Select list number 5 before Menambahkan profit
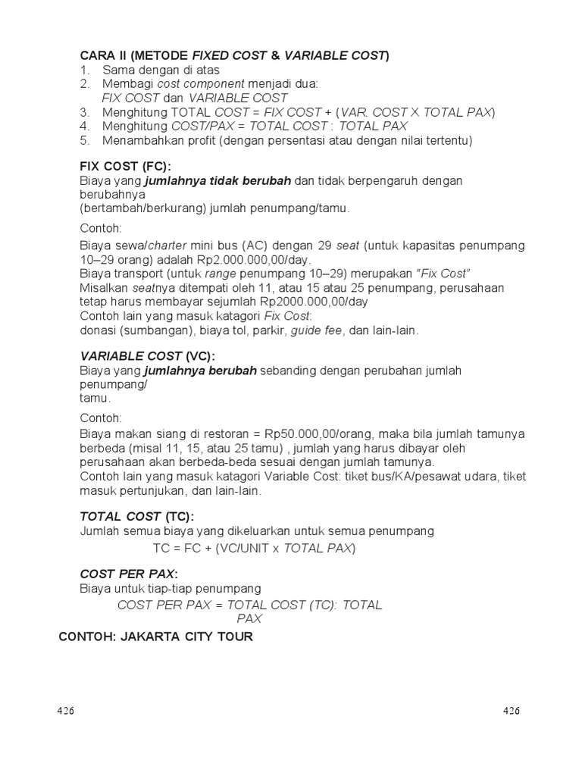85,140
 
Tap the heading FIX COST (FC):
126,167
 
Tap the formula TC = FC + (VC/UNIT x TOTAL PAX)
254,548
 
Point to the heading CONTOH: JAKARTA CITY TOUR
156,637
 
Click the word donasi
99,330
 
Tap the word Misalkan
104,287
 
